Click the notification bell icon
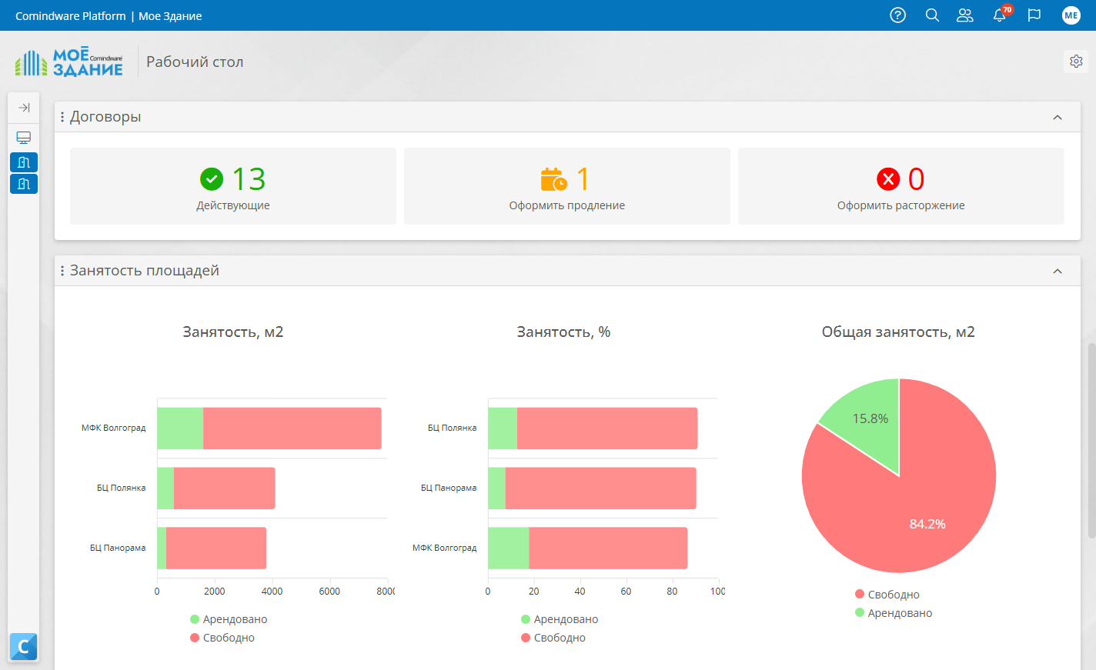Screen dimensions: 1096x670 click(x=999, y=15)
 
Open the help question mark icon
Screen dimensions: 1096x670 click(x=897, y=15)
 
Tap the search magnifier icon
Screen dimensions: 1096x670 click(x=932, y=15)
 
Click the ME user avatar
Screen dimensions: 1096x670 click(x=1071, y=15)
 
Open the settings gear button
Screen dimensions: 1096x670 click(x=1076, y=62)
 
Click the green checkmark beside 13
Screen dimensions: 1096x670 click(x=212, y=179)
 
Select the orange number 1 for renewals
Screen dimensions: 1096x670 click(x=583, y=178)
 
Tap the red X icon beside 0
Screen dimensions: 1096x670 click(x=888, y=179)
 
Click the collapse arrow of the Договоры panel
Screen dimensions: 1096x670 click(x=1058, y=118)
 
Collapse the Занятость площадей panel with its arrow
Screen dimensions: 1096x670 click(x=1058, y=271)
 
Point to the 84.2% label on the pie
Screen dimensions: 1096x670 click(x=927, y=525)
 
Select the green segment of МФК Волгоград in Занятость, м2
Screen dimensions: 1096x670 click(x=180, y=428)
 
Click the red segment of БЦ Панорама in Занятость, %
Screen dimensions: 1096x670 click(x=601, y=488)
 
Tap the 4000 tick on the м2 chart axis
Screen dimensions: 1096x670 click(x=272, y=592)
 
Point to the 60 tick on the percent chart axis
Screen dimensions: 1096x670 click(x=626, y=592)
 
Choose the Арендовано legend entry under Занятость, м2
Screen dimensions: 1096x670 click(x=229, y=619)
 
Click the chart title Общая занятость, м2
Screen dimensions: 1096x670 click(x=898, y=332)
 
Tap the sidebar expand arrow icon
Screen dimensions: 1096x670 click(x=24, y=108)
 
